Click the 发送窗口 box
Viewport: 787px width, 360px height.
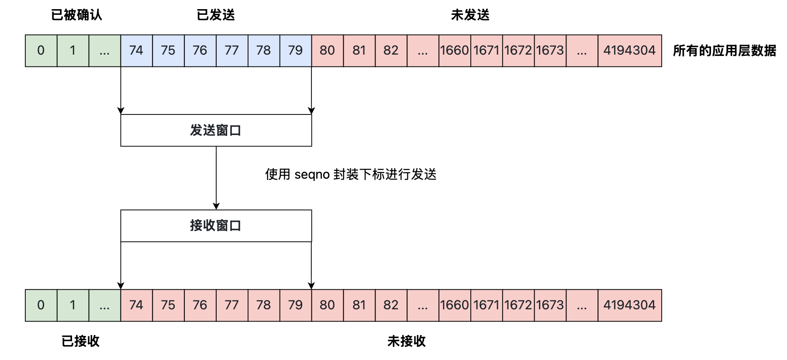tap(216, 130)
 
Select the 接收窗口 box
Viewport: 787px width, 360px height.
tap(216, 225)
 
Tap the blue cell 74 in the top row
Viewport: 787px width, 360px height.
tap(137, 51)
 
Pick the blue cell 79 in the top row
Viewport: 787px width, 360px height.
tap(296, 51)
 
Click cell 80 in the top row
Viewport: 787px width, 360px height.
tap(328, 51)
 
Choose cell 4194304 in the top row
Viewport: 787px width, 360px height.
tap(630, 51)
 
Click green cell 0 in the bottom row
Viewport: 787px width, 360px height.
tap(41, 305)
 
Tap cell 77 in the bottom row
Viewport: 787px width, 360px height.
tap(232, 305)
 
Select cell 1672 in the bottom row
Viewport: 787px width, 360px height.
tap(518, 305)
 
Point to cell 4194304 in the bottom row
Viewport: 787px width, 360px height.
tap(630, 305)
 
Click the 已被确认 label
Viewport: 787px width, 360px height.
tap(76, 15)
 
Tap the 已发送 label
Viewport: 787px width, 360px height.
tap(216, 15)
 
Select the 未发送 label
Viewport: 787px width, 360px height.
tap(470, 15)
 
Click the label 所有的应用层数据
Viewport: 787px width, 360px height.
tap(725, 51)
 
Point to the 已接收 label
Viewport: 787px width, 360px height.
tap(80, 341)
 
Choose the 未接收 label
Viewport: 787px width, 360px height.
tap(407, 341)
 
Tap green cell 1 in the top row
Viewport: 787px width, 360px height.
tap(73, 51)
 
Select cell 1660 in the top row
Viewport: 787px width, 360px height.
tap(455, 51)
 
